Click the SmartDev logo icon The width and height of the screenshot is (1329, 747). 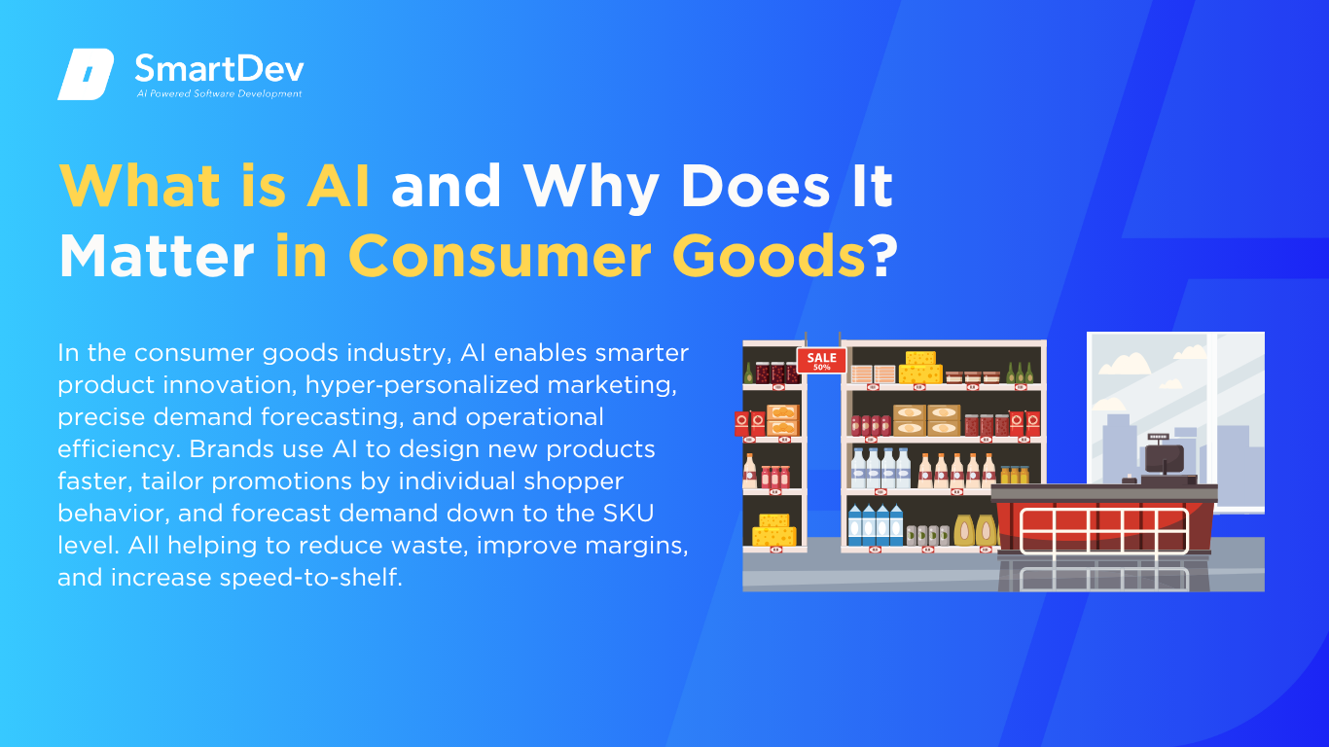click(x=86, y=74)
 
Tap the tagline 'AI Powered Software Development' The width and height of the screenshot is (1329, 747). click(x=220, y=93)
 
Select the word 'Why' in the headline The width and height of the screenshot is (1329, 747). click(x=591, y=188)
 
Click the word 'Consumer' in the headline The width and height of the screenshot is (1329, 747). click(x=499, y=256)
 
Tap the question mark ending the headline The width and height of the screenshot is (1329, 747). click(x=884, y=255)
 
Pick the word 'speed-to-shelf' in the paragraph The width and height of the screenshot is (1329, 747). click(x=311, y=578)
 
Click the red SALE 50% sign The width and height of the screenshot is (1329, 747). click(x=821, y=361)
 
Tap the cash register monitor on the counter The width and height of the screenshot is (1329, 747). click(x=1164, y=455)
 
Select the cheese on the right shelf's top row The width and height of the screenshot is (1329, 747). click(x=920, y=368)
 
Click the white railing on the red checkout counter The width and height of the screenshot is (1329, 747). click(x=1104, y=531)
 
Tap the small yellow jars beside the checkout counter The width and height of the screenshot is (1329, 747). click(x=1015, y=475)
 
